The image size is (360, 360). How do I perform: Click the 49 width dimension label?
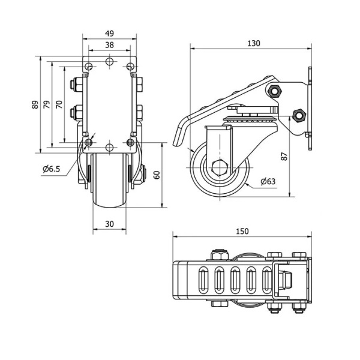[x=110, y=34]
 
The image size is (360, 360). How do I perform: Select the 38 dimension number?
[x=110, y=45]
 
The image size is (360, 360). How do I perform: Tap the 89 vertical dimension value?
[x=35, y=104]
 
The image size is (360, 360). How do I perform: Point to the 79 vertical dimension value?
[x=47, y=104]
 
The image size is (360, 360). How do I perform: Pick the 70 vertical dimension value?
[x=59, y=104]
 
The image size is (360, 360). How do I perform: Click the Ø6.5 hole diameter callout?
[x=52, y=169]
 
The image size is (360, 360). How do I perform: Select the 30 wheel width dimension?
[x=110, y=224]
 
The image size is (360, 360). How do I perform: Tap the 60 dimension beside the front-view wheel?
[x=157, y=175]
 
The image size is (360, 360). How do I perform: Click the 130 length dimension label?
[x=254, y=43]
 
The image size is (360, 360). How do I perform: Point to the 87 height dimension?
[x=284, y=157]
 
